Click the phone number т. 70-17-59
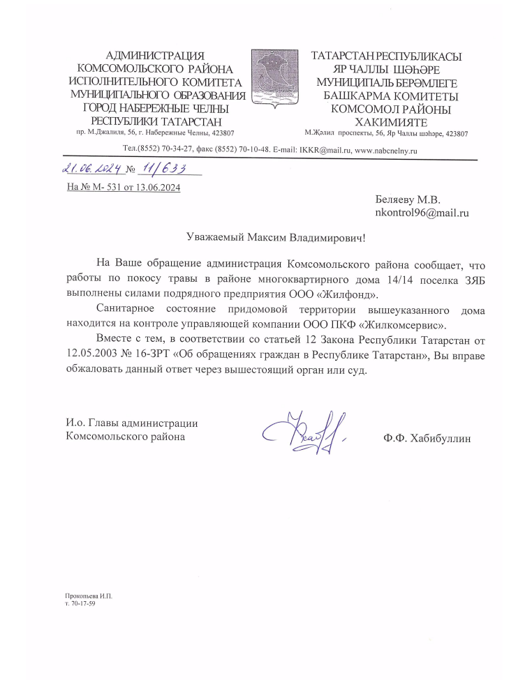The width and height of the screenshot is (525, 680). tap(80, 603)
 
